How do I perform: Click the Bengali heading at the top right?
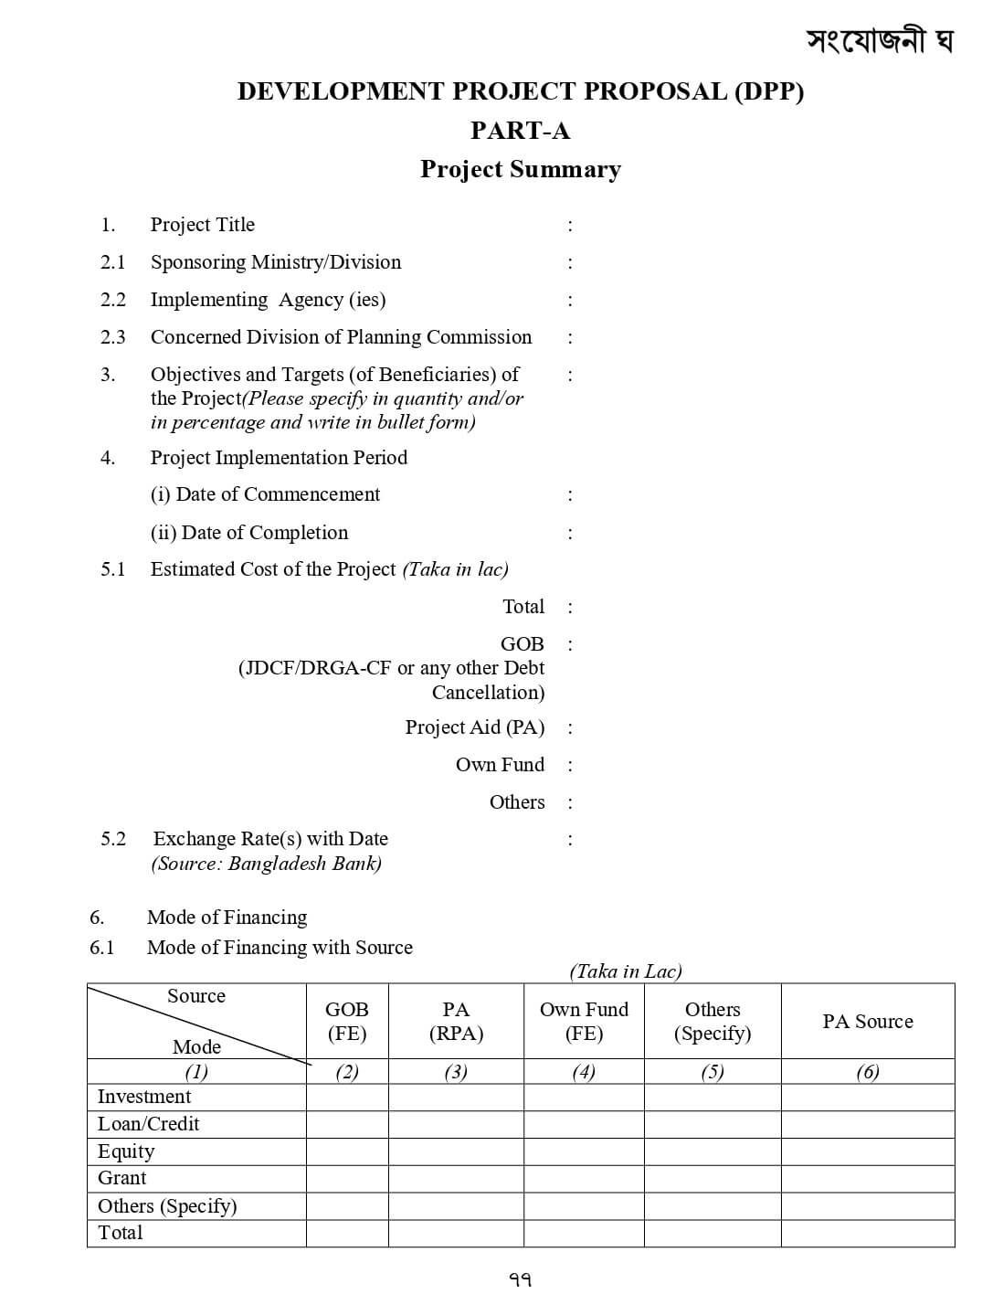pos(879,40)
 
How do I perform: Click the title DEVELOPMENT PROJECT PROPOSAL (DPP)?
pos(520,91)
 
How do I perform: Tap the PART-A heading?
pos(520,131)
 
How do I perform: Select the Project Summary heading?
pos(520,170)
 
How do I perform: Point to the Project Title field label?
pos(202,225)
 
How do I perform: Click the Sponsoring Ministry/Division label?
pos(275,262)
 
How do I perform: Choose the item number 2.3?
pos(112,337)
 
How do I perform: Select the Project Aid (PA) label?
pos(474,727)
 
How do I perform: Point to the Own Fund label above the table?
pos(500,765)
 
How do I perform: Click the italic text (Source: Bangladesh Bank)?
pos(266,864)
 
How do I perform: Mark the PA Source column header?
pos(867,1022)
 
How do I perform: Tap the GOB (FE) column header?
pos(346,1022)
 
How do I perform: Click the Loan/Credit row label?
pos(148,1124)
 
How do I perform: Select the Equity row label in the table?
pos(126,1151)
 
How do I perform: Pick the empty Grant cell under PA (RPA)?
pos(455,1179)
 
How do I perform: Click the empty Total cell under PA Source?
pos(867,1233)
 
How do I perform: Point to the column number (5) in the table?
pos(712,1072)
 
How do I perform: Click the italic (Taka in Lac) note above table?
pos(625,971)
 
